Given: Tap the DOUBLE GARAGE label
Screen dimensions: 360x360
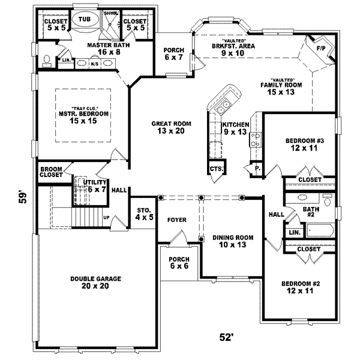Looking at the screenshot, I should pyautogui.click(x=96, y=283).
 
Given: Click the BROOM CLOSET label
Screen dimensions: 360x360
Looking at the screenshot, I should pyautogui.click(x=52, y=173).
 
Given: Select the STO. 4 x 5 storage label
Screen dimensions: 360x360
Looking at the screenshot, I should pyautogui.click(x=144, y=213).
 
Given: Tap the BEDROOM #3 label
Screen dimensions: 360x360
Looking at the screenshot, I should pyautogui.click(x=304, y=145).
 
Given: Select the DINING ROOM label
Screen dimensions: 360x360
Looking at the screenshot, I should pyautogui.click(x=231, y=241).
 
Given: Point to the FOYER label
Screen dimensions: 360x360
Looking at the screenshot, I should pyautogui.click(x=177, y=220).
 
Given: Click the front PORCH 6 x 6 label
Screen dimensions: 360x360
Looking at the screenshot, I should pyautogui.click(x=178, y=262).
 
